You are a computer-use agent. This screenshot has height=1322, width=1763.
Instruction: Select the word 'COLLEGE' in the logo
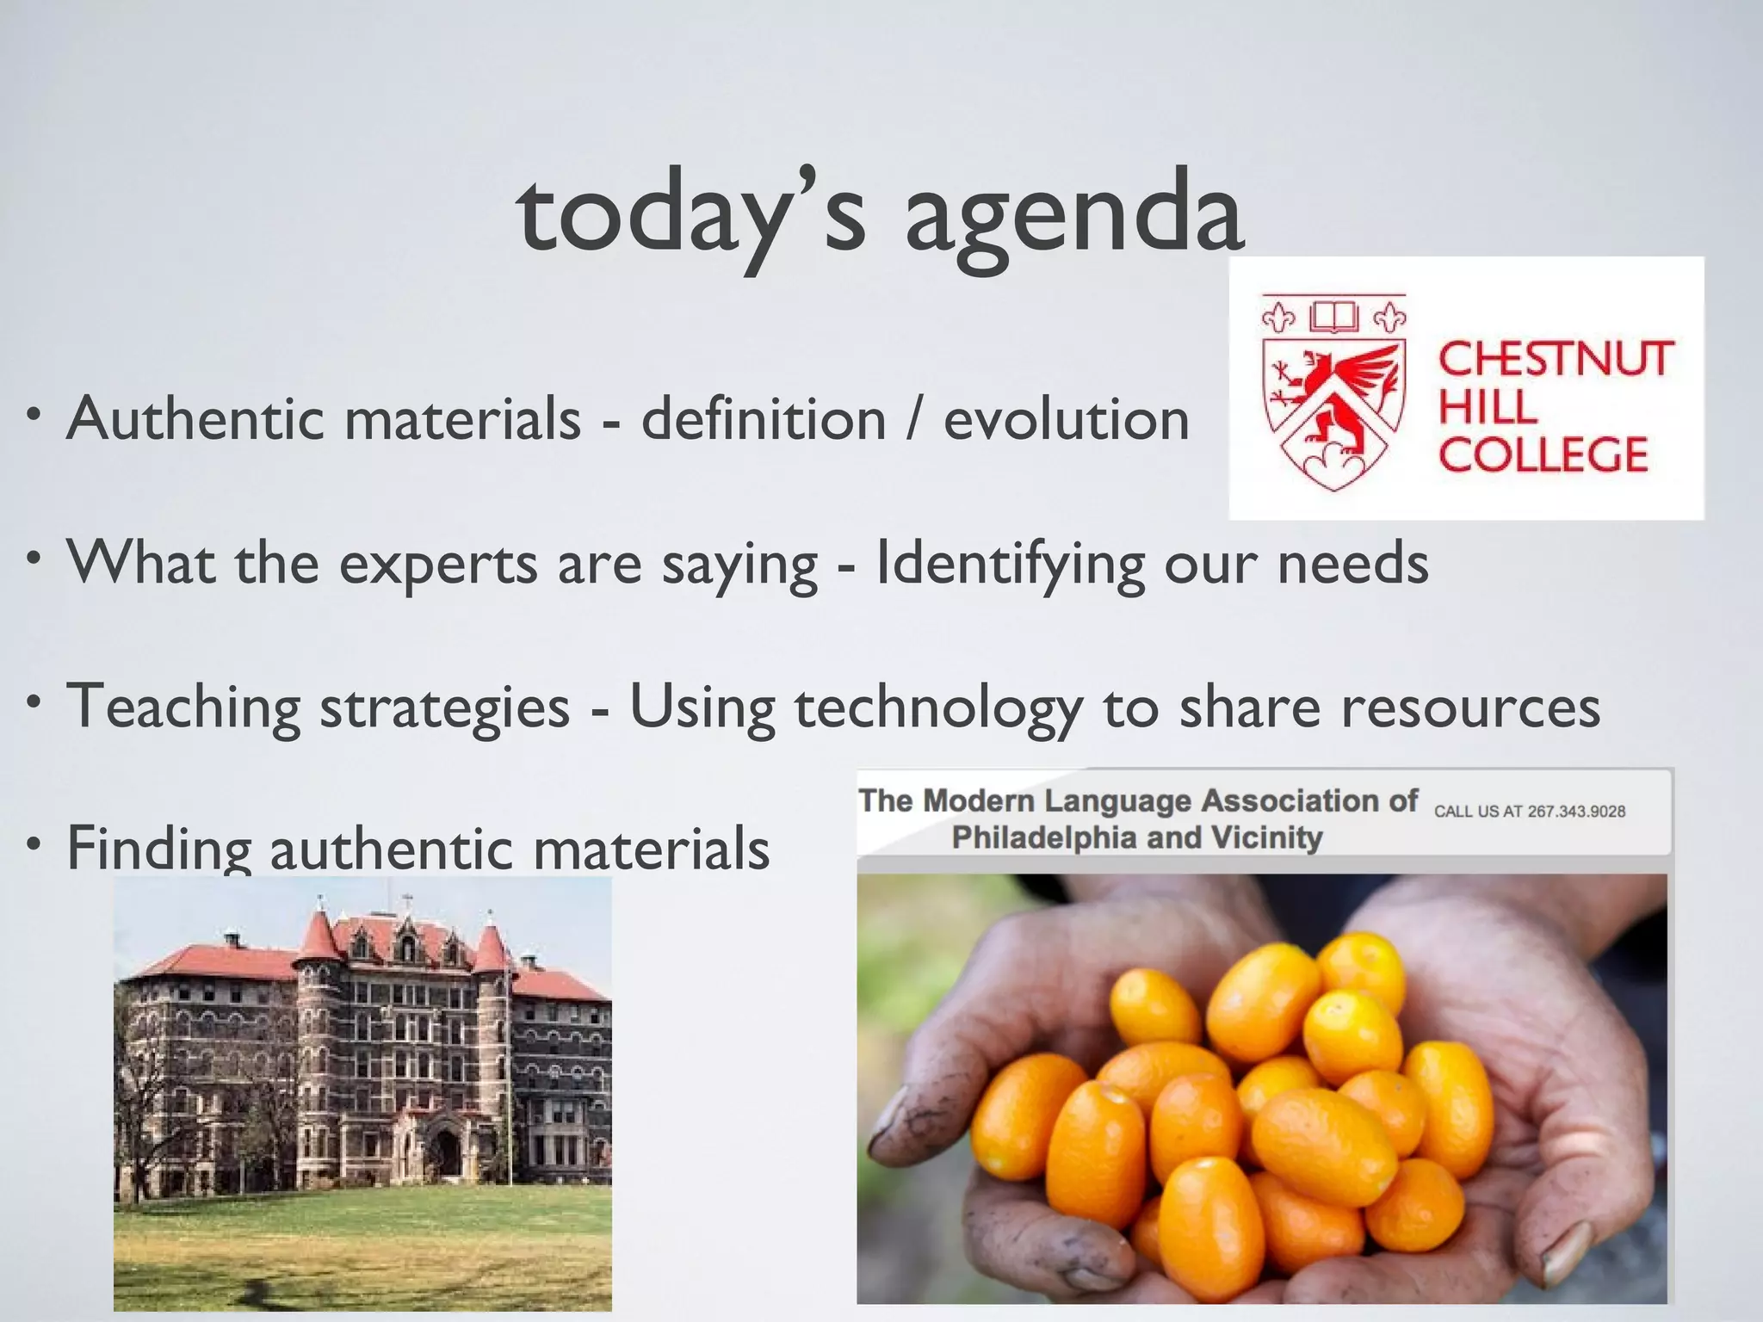click(1543, 454)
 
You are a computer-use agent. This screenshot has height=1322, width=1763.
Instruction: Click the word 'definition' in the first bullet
click(764, 419)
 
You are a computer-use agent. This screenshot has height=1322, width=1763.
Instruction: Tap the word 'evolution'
click(1066, 419)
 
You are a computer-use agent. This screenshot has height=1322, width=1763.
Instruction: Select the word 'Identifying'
click(1010, 564)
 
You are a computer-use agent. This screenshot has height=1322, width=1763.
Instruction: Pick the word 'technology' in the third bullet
click(938, 707)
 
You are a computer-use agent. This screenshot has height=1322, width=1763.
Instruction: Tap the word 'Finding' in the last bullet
click(158, 848)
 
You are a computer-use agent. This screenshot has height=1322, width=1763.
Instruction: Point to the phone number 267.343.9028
click(1575, 812)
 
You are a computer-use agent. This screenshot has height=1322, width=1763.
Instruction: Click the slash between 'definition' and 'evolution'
click(914, 419)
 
